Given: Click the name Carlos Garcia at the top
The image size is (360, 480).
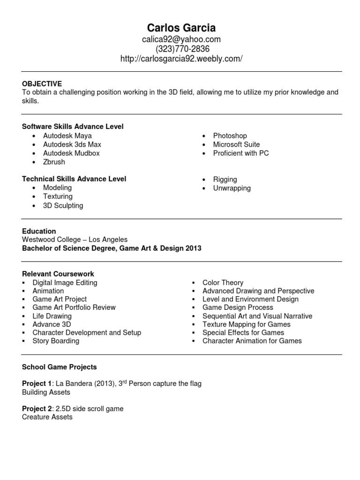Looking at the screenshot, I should coord(181,27).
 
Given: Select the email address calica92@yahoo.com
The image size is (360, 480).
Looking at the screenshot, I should coord(181,39).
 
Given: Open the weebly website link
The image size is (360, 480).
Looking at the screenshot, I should coord(181,59).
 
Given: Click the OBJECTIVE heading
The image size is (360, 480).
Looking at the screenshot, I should coord(42,83).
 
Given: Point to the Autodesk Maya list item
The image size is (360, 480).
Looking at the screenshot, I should coord(67,136).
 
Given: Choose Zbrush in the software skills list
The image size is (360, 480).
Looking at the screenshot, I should coord(54,162).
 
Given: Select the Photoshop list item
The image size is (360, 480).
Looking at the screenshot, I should coord(230,136).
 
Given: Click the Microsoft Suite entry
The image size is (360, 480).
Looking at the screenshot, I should coord(236,144).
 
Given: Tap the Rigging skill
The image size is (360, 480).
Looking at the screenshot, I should coord(225,179).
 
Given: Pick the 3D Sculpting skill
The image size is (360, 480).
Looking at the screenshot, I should coord(63,205).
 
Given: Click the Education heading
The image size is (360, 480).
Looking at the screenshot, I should coord(39,231).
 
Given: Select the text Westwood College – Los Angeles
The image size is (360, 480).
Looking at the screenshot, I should coord(75,240).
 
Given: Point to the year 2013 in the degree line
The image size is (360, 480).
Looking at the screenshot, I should coord(193,248).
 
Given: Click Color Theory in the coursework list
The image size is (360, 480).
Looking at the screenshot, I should coord(223,283).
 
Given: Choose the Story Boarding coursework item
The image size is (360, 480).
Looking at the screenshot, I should coord(56,341).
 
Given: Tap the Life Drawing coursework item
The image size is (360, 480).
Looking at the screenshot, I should coord(52,316).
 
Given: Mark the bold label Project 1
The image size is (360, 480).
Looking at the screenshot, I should coord(37,383).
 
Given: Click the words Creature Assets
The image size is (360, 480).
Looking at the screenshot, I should coord(47,417).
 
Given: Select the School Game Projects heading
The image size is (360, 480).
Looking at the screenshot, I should coord(60,367).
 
